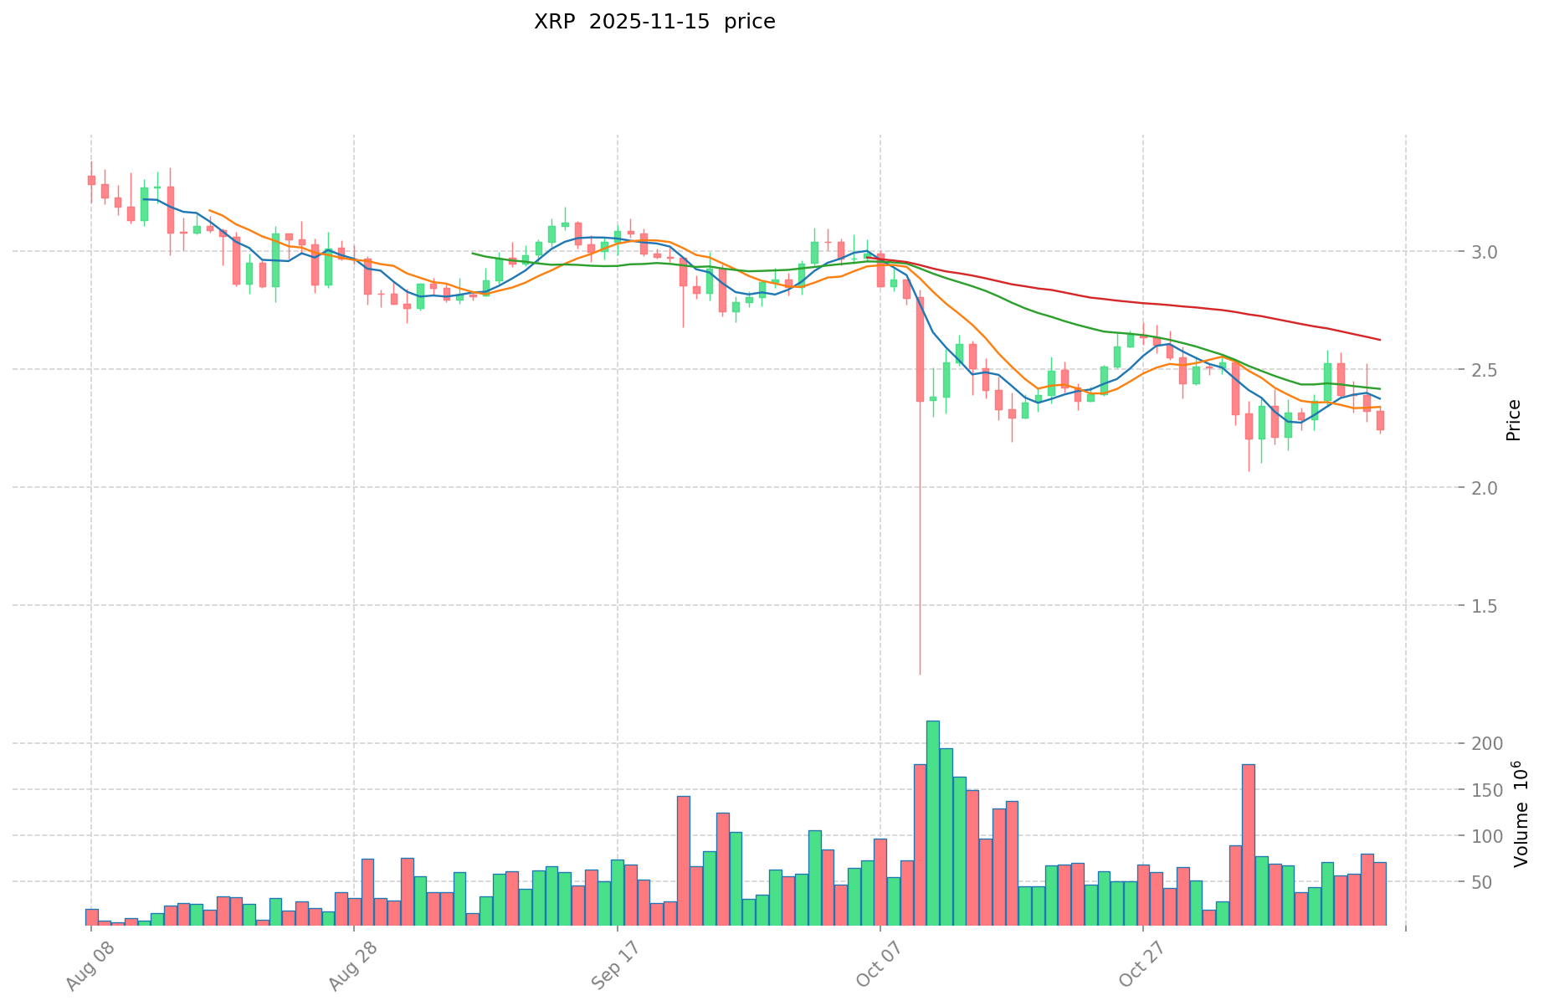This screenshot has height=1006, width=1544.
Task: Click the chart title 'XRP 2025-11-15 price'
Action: coord(654,22)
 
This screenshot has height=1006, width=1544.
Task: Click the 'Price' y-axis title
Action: coord(1513,420)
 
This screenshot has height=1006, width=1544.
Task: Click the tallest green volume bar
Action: coord(933,824)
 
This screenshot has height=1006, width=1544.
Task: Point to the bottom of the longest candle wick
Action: coord(920,674)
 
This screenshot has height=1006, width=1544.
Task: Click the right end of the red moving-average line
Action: coord(1380,340)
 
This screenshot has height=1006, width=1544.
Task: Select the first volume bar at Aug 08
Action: coord(91,917)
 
